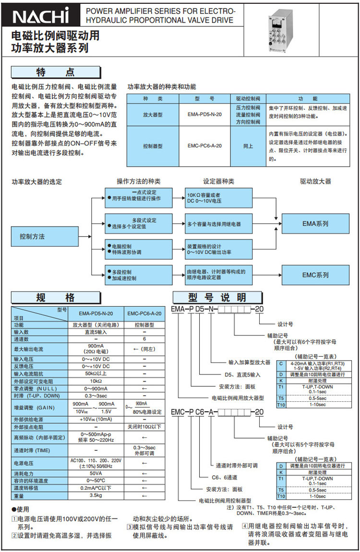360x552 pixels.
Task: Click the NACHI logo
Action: click(x=40, y=17)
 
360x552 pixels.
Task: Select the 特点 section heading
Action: click(x=56, y=72)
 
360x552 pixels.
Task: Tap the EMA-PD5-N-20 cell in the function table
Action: click(x=204, y=115)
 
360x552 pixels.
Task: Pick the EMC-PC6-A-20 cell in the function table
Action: click(x=204, y=146)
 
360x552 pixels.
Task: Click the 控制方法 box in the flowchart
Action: click(x=45, y=237)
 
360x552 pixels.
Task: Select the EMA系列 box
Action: click(x=315, y=224)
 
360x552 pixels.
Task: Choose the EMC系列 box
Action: click(x=315, y=275)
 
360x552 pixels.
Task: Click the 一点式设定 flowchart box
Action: click(x=138, y=195)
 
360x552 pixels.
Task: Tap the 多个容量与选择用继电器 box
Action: click(x=218, y=224)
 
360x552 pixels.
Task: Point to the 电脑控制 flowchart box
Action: click(x=138, y=249)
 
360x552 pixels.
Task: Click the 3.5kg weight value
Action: click(x=96, y=495)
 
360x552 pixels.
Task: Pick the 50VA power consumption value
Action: click(x=96, y=473)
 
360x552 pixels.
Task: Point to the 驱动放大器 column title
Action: click(x=315, y=181)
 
